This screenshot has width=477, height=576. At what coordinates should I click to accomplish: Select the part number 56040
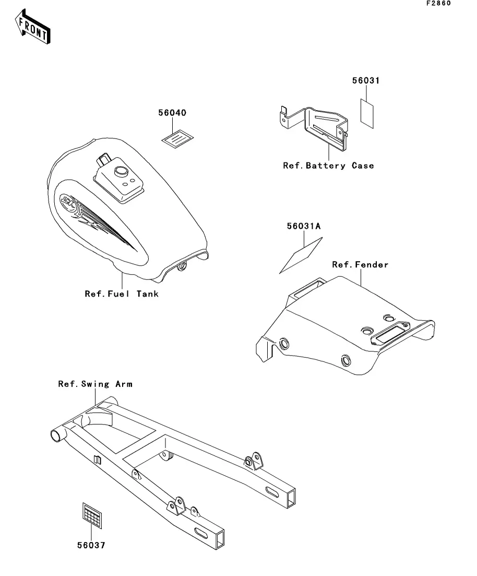point(173,113)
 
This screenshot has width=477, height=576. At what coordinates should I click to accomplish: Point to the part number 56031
point(365,81)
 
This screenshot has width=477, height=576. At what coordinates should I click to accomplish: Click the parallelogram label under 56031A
point(301,255)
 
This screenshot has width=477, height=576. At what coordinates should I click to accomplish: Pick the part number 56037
point(91,545)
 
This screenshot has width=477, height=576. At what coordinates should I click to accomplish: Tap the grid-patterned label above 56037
point(92,514)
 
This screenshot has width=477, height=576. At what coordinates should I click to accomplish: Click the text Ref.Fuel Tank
point(122,294)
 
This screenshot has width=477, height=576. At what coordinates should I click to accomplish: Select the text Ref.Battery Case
point(328,166)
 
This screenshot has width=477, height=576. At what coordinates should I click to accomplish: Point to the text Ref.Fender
point(360,265)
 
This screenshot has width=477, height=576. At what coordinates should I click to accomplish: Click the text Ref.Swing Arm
point(95,384)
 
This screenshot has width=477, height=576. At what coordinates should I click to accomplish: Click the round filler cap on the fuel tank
point(122,171)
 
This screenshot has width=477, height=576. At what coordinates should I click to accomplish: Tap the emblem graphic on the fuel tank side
point(68,201)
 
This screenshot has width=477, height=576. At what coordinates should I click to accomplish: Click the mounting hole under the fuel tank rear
point(182,266)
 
